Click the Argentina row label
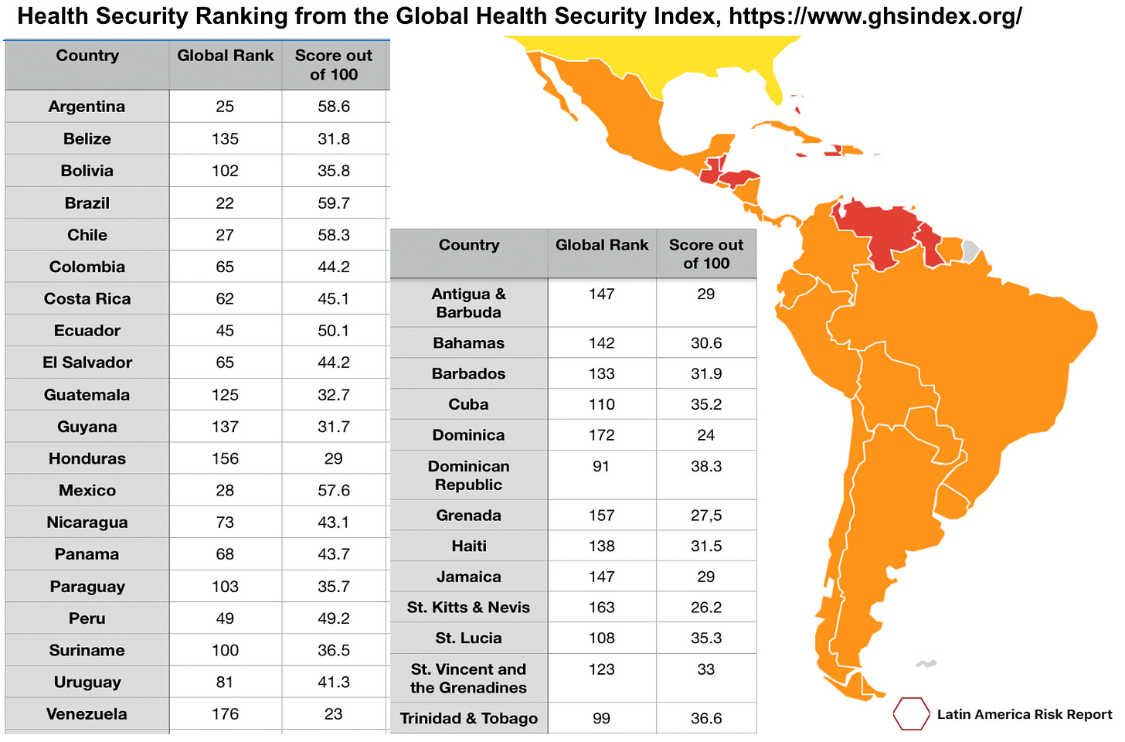(x=87, y=107)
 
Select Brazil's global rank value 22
(x=225, y=203)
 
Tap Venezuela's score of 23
(x=333, y=714)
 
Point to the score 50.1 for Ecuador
(x=333, y=331)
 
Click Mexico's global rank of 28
(x=225, y=491)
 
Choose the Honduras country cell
(x=87, y=459)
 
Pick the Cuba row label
(x=468, y=404)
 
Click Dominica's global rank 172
(x=601, y=435)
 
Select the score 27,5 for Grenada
(x=705, y=516)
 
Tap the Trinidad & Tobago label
(x=468, y=719)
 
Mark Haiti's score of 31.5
(x=705, y=546)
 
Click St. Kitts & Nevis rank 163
(x=601, y=608)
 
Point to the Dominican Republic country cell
(x=468, y=475)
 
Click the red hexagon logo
(x=911, y=713)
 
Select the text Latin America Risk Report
(x=1025, y=714)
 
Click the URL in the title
(x=875, y=16)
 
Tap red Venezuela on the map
(x=881, y=228)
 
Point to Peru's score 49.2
(x=333, y=618)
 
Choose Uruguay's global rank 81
(x=225, y=682)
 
